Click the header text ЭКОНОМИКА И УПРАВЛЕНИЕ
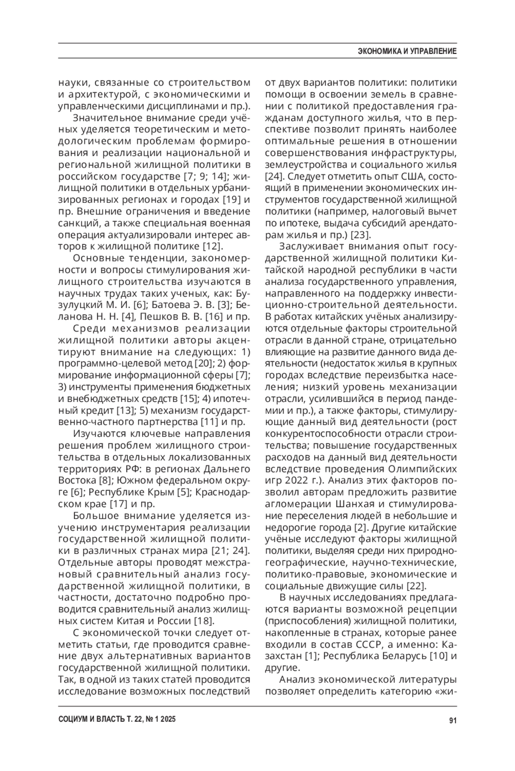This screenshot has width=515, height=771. click(x=407, y=51)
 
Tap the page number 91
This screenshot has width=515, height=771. click(x=452, y=720)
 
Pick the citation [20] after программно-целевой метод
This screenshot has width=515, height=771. click(x=203, y=363)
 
